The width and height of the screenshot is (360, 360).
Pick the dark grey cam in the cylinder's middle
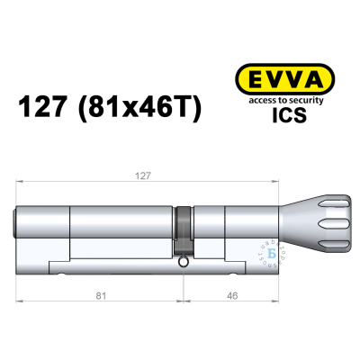pos(183,229)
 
